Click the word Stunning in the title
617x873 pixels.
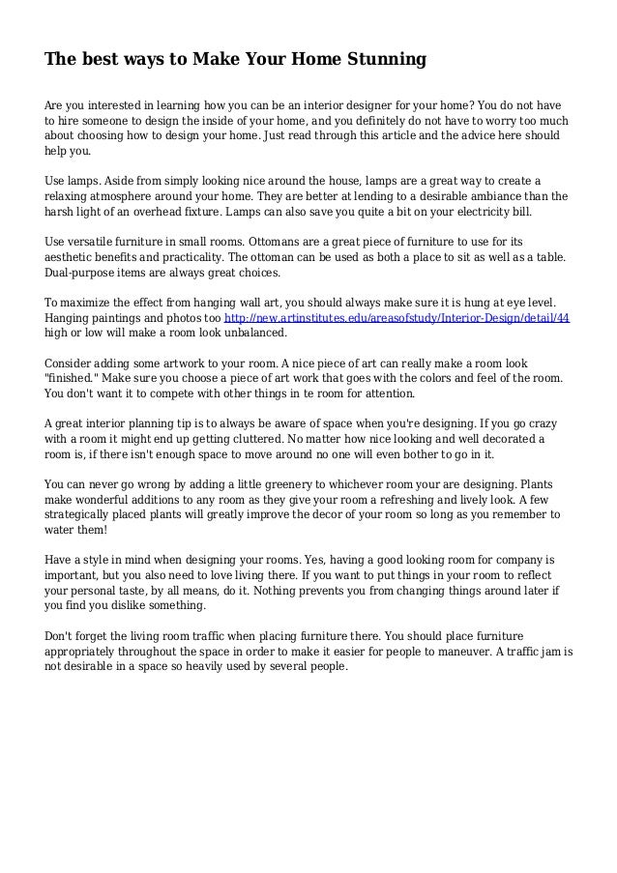[385, 61]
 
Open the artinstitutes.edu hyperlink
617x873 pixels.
[397, 317]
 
